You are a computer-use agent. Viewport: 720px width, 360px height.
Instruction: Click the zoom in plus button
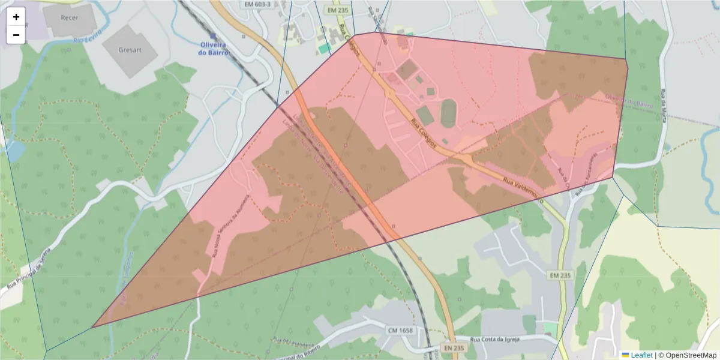(x=16, y=17)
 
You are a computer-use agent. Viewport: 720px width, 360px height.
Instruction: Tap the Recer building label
(x=70, y=17)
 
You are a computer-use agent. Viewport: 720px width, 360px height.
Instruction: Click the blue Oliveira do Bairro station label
(x=214, y=48)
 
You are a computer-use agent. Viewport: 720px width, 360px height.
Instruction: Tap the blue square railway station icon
(x=213, y=36)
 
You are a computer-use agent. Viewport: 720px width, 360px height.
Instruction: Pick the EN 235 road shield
(x=455, y=348)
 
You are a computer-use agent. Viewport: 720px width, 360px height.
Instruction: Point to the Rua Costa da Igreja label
(x=497, y=339)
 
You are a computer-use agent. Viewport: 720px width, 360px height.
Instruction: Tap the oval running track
(x=449, y=112)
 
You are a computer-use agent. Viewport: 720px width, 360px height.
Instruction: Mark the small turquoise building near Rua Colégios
(x=324, y=47)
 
